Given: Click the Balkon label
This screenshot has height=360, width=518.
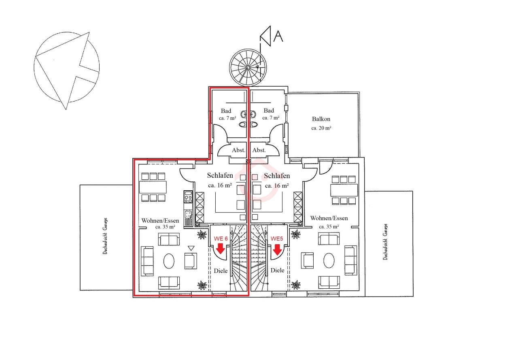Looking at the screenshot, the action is tap(321, 119).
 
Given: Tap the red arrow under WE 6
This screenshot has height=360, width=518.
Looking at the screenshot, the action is tap(221, 249).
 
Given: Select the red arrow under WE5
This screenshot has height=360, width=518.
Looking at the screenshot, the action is tap(277, 250).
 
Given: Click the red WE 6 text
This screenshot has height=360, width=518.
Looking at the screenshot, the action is tap(221, 239).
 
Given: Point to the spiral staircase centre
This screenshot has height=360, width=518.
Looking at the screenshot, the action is tap(248, 68).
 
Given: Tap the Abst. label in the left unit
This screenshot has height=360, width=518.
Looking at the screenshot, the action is tap(238, 150).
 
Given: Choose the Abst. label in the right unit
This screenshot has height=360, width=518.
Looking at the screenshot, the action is tap(259, 150).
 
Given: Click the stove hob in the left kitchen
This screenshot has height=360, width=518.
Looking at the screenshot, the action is tap(188, 197).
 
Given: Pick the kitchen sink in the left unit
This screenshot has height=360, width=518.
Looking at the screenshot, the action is tap(188, 214).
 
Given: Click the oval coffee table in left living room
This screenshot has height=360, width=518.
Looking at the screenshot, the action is tap(169, 261).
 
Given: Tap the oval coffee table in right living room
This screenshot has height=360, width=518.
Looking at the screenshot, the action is tap(329, 260).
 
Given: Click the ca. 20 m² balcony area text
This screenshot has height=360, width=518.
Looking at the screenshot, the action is tap(321, 128).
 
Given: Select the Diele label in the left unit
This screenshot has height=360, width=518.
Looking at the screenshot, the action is tap(221, 271).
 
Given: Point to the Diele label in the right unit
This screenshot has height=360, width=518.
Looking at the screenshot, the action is tap(277, 270).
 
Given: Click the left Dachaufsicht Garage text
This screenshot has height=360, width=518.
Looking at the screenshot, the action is tap(105, 236).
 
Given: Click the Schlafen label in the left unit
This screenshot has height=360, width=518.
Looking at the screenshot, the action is tap(220, 175).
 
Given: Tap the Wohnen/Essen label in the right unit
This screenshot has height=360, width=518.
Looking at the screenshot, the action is tap(329, 218).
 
